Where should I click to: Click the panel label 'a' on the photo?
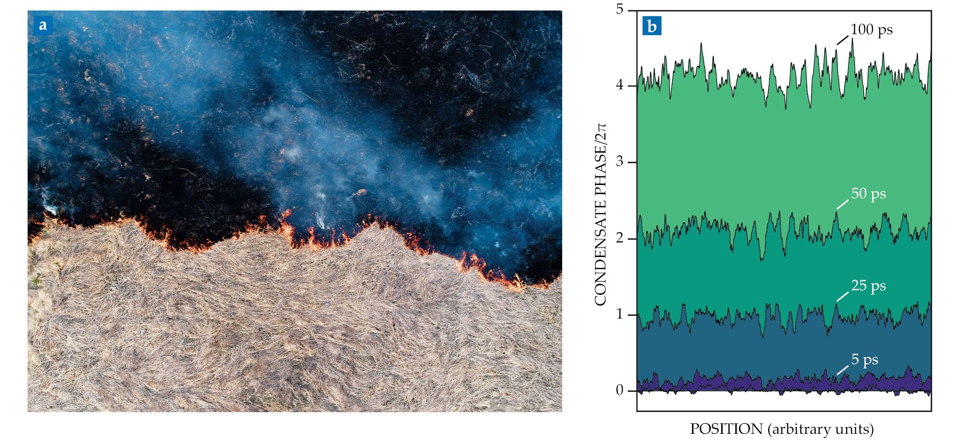point(43,25)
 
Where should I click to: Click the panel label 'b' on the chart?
point(652,26)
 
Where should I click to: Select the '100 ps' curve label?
point(872,30)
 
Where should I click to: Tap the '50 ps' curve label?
point(868,194)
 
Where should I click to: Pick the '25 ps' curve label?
point(868,286)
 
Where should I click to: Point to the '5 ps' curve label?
point(865,360)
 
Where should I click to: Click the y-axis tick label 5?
point(620,9)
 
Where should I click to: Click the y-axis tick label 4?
point(620,86)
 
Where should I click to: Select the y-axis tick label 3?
point(620,162)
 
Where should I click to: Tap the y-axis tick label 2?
point(620,238)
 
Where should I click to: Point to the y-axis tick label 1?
point(620,315)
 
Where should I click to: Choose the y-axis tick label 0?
point(620,391)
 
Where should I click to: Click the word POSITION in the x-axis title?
point(726,429)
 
